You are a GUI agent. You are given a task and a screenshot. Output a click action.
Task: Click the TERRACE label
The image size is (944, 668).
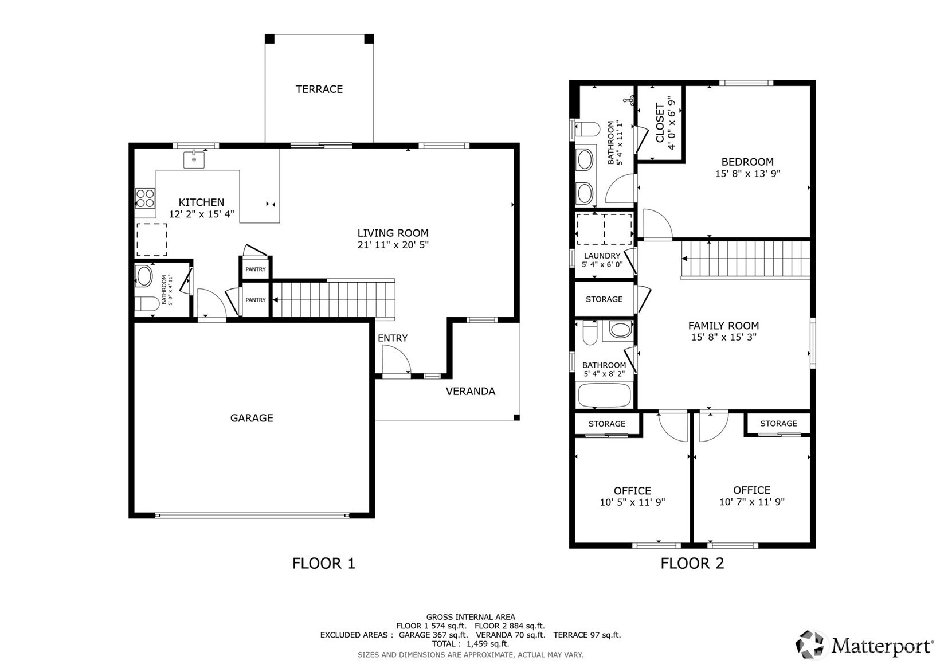click(x=319, y=89)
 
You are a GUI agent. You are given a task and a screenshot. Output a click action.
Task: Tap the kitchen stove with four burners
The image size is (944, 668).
click(x=145, y=198)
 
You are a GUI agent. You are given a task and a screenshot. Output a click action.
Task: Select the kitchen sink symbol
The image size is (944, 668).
click(x=194, y=159)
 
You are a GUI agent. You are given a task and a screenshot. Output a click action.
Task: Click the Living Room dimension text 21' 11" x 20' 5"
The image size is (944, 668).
click(x=393, y=245)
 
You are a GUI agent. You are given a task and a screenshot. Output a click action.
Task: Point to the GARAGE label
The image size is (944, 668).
click(x=252, y=418)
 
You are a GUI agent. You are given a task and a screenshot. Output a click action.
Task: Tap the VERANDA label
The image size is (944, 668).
click(x=470, y=391)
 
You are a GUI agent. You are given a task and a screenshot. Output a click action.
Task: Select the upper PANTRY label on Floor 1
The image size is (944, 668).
click(x=256, y=269)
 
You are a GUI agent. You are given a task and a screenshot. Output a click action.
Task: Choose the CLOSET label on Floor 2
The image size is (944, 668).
click(x=660, y=123)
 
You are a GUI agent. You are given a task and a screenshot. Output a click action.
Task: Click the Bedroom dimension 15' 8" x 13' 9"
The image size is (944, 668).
click(x=747, y=174)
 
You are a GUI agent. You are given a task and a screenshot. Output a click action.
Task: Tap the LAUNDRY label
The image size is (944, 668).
click(x=602, y=256)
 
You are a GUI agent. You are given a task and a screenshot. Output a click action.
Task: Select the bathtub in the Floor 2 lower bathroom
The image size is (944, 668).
click(x=605, y=396)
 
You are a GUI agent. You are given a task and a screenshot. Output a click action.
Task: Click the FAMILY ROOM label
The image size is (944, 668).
click(x=723, y=326)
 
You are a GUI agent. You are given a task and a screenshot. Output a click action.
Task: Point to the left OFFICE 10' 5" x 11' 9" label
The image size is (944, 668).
click(x=632, y=496)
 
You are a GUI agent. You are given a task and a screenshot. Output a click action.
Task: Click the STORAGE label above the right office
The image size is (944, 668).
click(x=778, y=424)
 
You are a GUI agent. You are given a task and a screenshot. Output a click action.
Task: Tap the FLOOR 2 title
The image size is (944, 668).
click(x=692, y=563)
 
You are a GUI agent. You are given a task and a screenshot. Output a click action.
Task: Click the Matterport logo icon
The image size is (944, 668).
click(x=810, y=644)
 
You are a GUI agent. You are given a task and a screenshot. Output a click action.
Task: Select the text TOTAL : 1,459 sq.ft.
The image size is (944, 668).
click(x=470, y=644)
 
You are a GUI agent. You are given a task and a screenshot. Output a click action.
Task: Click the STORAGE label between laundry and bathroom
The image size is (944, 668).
click(x=604, y=299)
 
